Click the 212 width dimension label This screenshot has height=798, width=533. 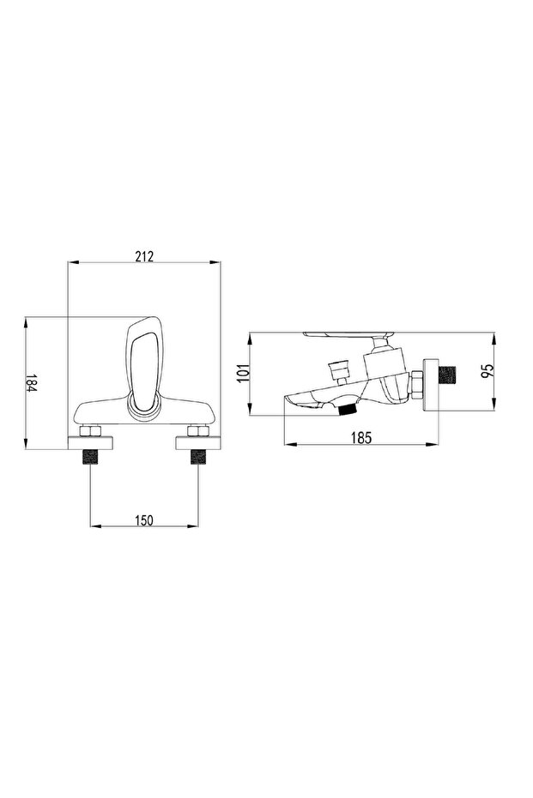[x=144, y=256]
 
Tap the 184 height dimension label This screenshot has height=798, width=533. [x=32, y=382]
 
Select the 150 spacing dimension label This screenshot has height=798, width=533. [x=143, y=519]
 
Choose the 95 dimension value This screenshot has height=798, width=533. [x=488, y=370]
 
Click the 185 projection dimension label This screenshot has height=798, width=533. [x=361, y=437]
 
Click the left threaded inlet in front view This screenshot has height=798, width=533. [x=90, y=457]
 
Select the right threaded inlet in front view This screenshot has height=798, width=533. [x=197, y=457]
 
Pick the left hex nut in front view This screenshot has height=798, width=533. [x=90, y=432]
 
